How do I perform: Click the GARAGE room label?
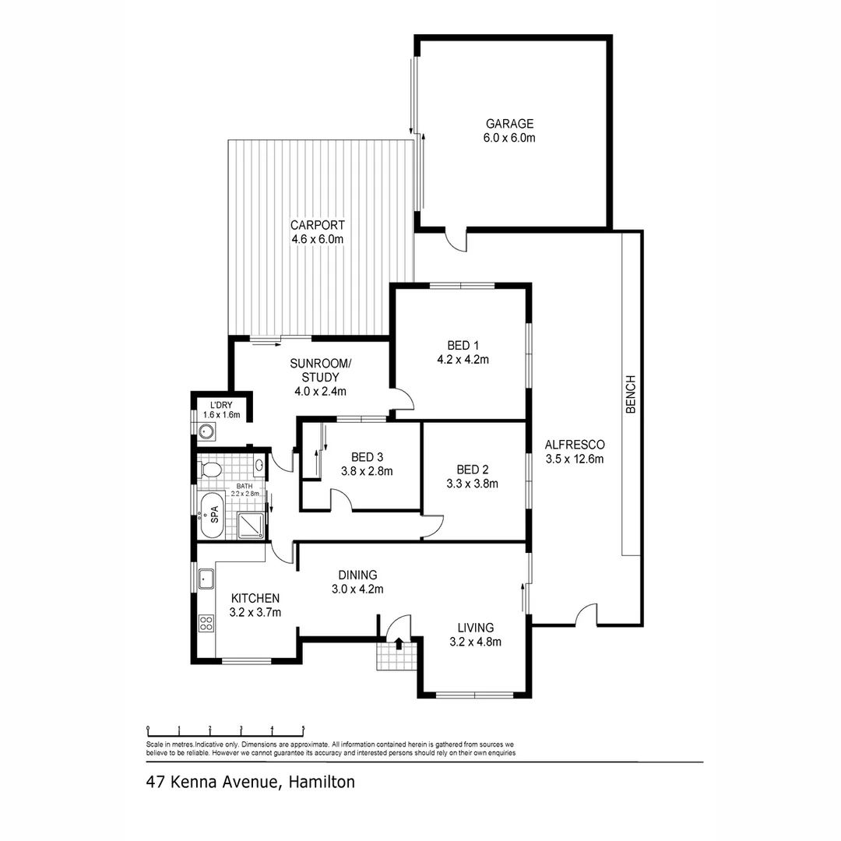(510, 124)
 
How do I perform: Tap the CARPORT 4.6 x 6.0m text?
(317, 233)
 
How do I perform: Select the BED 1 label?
(459, 346)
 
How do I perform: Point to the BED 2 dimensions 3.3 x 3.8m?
(472, 483)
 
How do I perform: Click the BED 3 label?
(366, 457)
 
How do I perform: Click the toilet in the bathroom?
(210, 469)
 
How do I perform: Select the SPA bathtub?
(212, 515)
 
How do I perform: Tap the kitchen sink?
(206, 579)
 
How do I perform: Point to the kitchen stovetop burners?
(206, 622)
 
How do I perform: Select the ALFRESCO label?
(574, 445)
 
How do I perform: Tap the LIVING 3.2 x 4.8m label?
(475, 635)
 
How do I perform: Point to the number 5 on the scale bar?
(303, 729)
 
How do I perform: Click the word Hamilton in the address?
(322, 782)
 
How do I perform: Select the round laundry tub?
(208, 433)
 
